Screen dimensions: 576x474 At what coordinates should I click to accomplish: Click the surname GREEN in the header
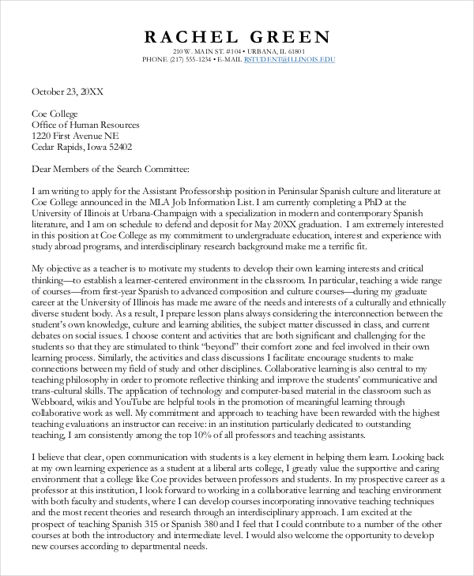[292, 36]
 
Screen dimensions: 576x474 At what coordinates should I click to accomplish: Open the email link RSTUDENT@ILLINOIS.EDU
[289, 59]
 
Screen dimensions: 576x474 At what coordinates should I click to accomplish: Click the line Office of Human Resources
[85, 125]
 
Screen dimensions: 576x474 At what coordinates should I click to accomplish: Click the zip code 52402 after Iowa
[118, 147]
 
